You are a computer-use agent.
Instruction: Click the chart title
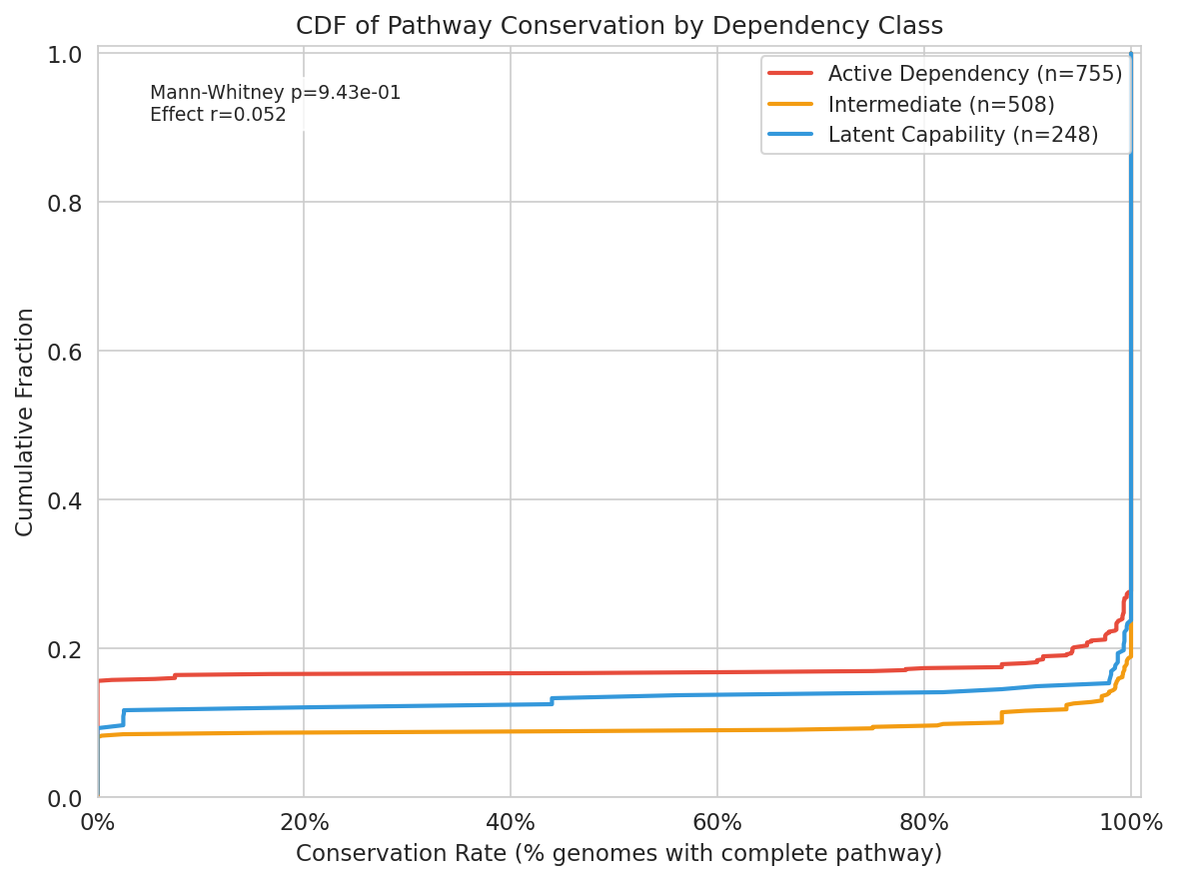[x=618, y=26]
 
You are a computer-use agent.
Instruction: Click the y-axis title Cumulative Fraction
[x=25, y=422]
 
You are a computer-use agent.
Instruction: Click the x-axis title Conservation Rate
[x=618, y=854]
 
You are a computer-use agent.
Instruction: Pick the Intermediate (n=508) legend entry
[x=940, y=104]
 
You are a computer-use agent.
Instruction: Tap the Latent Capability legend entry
[x=962, y=135]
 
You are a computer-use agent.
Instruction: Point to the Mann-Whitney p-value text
[x=275, y=93]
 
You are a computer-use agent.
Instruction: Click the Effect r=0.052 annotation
[x=218, y=115]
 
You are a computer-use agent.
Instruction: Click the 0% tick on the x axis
[x=97, y=824]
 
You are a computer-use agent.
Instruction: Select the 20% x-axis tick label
[x=304, y=824]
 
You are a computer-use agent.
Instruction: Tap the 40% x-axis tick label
[x=511, y=824]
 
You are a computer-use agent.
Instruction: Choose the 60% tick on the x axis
[x=717, y=824]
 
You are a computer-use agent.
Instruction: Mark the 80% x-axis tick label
[x=923, y=824]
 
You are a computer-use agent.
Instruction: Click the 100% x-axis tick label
[x=1130, y=824]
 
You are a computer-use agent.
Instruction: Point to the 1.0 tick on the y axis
[x=65, y=54]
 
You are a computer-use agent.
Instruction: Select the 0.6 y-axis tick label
[x=65, y=352]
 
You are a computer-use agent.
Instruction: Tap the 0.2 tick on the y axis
[x=65, y=649]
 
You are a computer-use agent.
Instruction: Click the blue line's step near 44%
[x=552, y=701]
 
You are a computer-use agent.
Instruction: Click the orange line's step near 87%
[x=1001, y=717]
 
